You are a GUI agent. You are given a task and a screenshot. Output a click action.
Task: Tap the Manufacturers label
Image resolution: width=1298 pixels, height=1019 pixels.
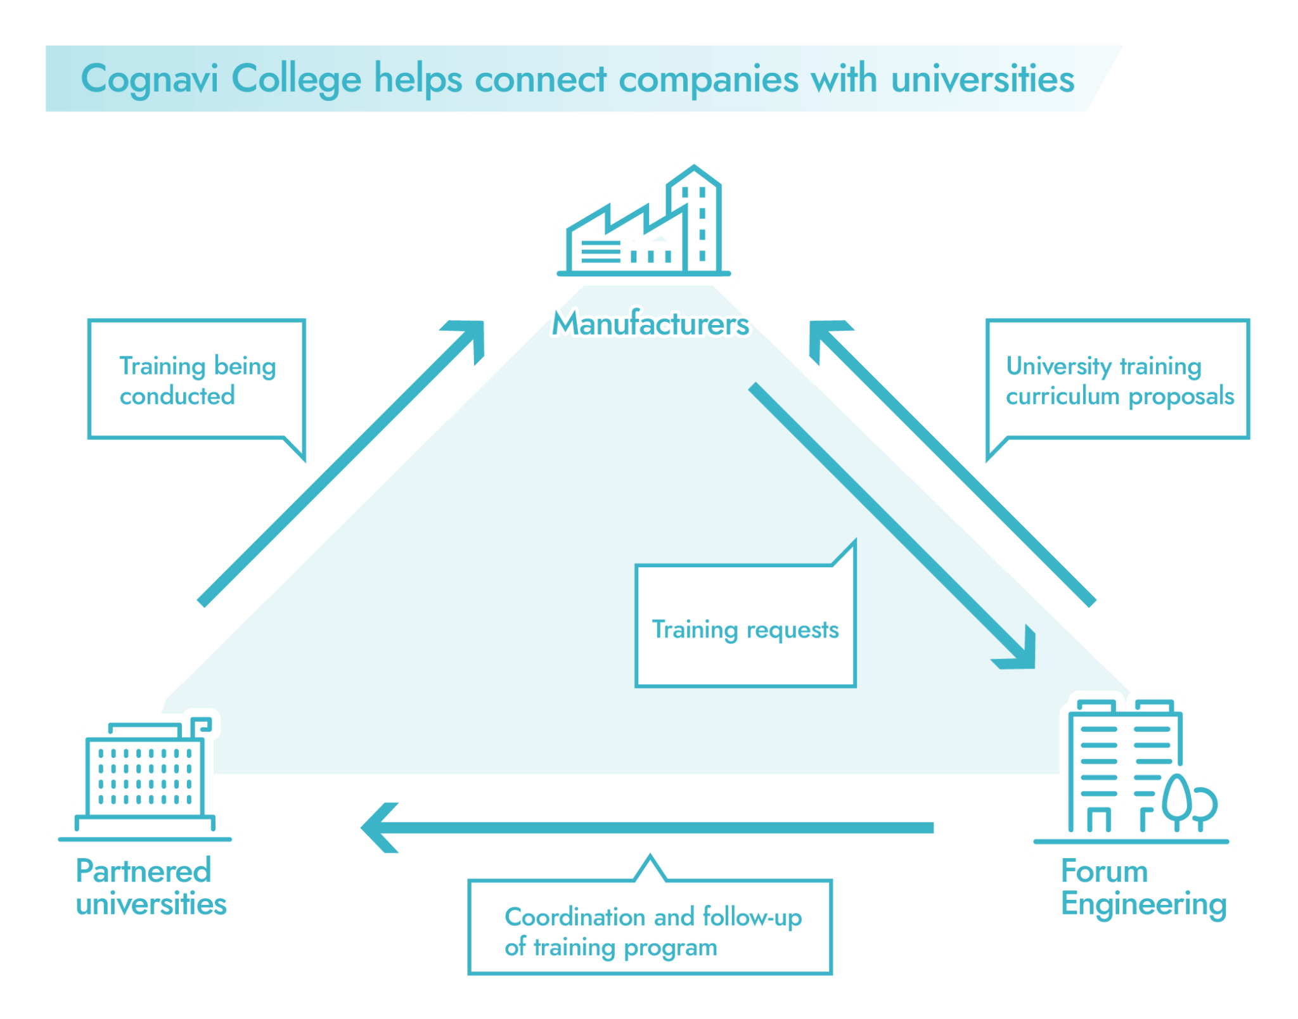tap(650, 323)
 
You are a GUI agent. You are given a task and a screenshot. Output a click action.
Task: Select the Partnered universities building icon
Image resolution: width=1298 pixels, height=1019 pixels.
tap(145, 779)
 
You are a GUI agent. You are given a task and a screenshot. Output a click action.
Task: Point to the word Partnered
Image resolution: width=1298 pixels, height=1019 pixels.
tap(143, 871)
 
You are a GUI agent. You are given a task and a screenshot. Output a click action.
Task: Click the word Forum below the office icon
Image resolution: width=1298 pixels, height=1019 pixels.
tap(1104, 871)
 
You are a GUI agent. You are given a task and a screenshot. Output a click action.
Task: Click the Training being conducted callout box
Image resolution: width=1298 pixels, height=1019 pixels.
tap(197, 380)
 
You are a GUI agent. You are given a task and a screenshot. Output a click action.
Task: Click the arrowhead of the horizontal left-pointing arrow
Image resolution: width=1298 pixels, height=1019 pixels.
tap(380, 828)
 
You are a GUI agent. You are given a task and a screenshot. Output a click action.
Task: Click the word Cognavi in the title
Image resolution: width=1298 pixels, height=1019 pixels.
tap(150, 80)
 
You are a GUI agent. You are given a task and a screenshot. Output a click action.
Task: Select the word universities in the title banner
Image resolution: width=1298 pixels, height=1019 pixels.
tap(982, 80)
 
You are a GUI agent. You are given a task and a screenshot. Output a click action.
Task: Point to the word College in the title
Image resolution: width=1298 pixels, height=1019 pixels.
tap(297, 80)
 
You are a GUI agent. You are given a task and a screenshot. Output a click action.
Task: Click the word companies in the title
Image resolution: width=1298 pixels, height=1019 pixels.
tap(708, 80)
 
